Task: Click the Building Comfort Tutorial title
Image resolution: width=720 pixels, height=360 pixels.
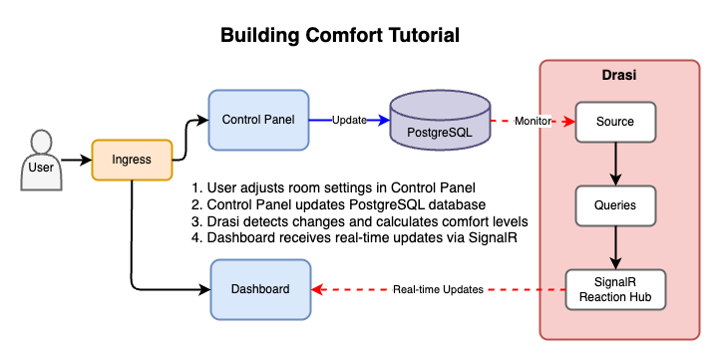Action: pos(340,36)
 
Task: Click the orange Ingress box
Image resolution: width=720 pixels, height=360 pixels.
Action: pos(132,160)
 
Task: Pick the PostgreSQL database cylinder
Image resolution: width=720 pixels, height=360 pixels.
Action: pos(440,121)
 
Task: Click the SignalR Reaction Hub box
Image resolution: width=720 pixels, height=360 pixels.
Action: pos(614,289)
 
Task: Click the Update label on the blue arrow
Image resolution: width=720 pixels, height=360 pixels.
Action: pos(348,121)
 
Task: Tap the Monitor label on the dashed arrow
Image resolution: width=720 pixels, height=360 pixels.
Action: pos(535,122)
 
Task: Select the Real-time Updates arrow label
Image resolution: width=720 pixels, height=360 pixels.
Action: pos(438,289)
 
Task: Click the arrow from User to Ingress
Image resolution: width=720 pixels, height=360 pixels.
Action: pos(75,160)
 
